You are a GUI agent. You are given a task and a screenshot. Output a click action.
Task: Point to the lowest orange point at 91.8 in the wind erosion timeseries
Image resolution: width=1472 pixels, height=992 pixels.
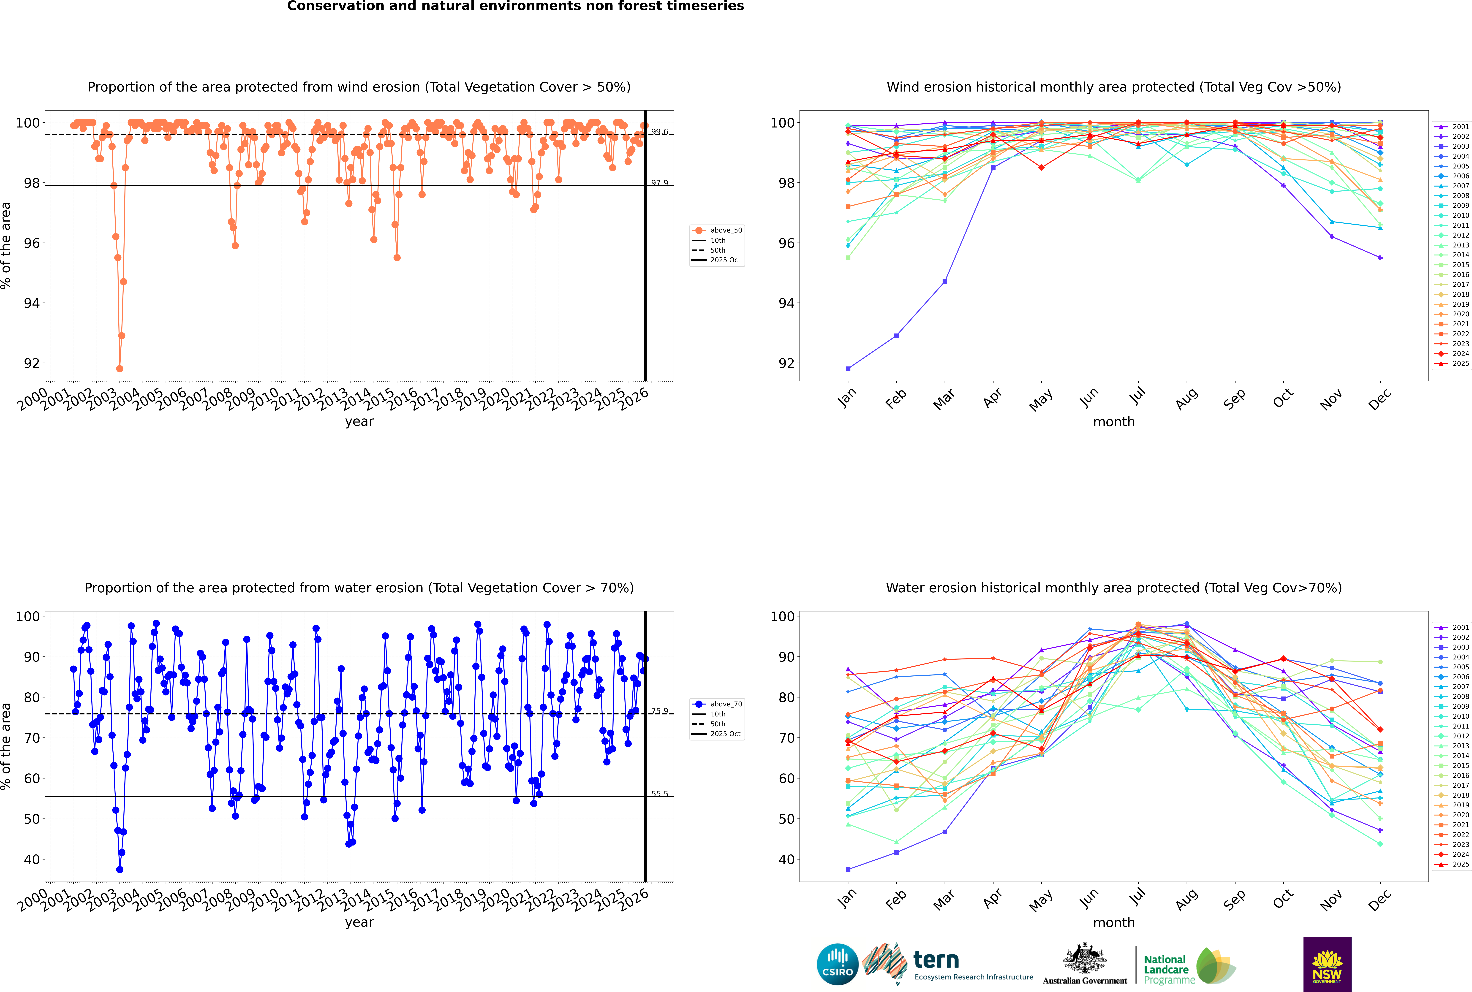click(x=120, y=369)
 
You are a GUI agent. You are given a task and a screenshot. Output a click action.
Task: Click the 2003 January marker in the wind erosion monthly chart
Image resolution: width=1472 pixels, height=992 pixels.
click(x=848, y=369)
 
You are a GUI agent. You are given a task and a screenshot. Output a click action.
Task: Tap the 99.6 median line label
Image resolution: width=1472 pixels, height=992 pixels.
click(x=659, y=132)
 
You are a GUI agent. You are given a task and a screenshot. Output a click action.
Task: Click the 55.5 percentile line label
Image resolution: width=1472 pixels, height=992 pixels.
click(x=659, y=793)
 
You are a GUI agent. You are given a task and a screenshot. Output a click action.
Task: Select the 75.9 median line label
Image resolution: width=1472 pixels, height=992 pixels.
click(x=659, y=711)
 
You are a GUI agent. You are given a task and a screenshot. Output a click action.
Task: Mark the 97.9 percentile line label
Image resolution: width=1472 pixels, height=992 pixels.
click(x=659, y=183)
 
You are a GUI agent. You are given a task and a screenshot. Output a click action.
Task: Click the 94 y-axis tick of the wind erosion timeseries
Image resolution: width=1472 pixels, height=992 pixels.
click(x=32, y=303)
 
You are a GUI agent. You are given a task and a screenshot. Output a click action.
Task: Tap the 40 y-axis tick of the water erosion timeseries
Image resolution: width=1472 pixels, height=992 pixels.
click(x=32, y=859)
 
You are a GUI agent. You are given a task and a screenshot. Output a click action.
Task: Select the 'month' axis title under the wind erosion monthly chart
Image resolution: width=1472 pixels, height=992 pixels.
click(x=1114, y=422)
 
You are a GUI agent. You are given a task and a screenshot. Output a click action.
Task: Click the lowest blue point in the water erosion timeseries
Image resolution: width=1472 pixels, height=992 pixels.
click(x=120, y=870)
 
